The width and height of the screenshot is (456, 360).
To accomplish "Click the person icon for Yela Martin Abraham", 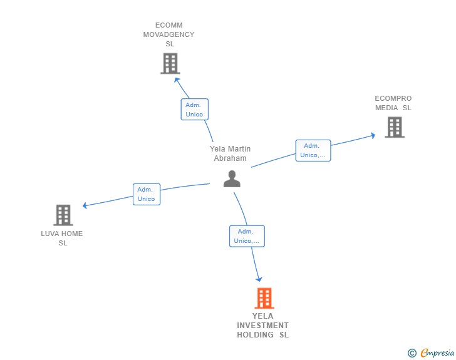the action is pyautogui.click(x=232, y=178).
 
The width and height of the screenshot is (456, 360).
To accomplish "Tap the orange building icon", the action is pyautogui.click(x=264, y=298).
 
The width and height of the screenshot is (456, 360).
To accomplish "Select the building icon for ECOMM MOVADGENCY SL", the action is pyautogui.click(x=170, y=63).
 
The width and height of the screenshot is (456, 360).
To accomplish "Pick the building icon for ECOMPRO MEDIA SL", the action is pyautogui.click(x=395, y=127).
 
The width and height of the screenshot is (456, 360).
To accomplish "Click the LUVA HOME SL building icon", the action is pyautogui.click(x=63, y=215).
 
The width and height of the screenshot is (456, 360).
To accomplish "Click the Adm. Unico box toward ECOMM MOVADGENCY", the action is pyautogui.click(x=195, y=110).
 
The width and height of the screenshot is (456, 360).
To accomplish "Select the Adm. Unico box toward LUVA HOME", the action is pyautogui.click(x=147, y=194).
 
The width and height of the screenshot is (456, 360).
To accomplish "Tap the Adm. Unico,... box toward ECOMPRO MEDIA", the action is pyautogui.click(x=313, y=150).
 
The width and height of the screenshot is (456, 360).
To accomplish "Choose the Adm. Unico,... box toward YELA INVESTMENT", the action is pyautogui.click(x=247, y=236).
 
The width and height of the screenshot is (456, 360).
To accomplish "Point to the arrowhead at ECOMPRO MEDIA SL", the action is pyautogui.click(x=373, y=135).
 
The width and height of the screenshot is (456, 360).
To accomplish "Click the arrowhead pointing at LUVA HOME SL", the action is pyautogui.click(x=85, y=205).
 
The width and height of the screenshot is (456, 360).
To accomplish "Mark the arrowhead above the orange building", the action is pyautogui.click(x=259, y=279).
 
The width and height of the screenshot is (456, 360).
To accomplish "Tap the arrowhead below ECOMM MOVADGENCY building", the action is pyautogui.click(x=177, y=80).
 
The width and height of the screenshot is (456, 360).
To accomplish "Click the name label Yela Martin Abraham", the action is pyautogui.click(x=230, y=153).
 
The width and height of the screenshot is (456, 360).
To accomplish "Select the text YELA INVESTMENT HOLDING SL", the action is pyautogui.click(x=262, y=326).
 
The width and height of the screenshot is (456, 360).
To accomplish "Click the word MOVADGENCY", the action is pyautogui.click(x=168, y=34).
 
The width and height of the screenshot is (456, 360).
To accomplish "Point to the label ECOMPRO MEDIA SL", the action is pyautogui.click(x=393, y=103).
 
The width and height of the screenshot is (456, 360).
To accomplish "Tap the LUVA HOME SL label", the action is pyautogui.click(x=62, y=238).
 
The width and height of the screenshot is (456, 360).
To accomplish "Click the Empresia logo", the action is pyautogui.click(x=437, y=352).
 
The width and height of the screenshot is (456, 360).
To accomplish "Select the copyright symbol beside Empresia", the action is pyautogui.click(x=412, y=353).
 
